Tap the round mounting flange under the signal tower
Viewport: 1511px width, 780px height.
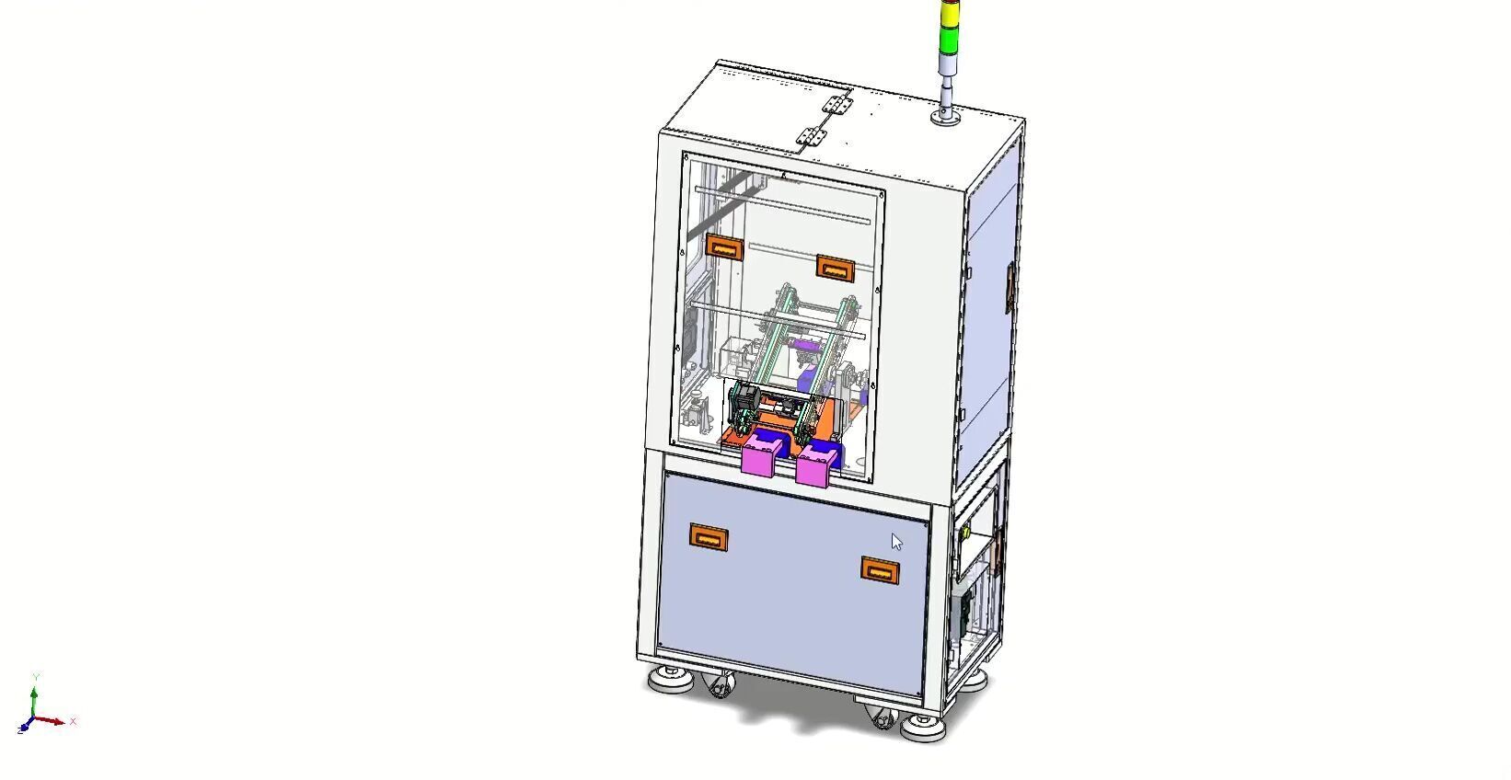pyautogui.click(x=946, y=116)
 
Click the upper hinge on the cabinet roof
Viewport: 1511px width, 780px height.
pyautogui.click(x=836, y=104)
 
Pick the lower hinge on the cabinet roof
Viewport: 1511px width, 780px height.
pyautogui.click(x=811, y=135)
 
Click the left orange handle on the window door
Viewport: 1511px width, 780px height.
pyautogui.click(x=724, y=247)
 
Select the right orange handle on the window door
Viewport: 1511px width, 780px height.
pyautogui.click(x=836, y=268)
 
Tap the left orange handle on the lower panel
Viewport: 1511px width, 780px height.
pyautogui.click(x=709, y=537)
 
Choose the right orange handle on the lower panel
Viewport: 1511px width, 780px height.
pyautogui.click(x=881, y=570)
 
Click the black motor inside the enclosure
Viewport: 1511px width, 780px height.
pyautogui.click(x=743, y=403)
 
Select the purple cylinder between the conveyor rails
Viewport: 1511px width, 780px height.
pyautogui.click(x=807, y=346)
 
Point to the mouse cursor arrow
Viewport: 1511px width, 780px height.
pyautogui.click(x=896, y=542)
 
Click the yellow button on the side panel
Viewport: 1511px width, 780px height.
pyautogui.click(x=966, y=533)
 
